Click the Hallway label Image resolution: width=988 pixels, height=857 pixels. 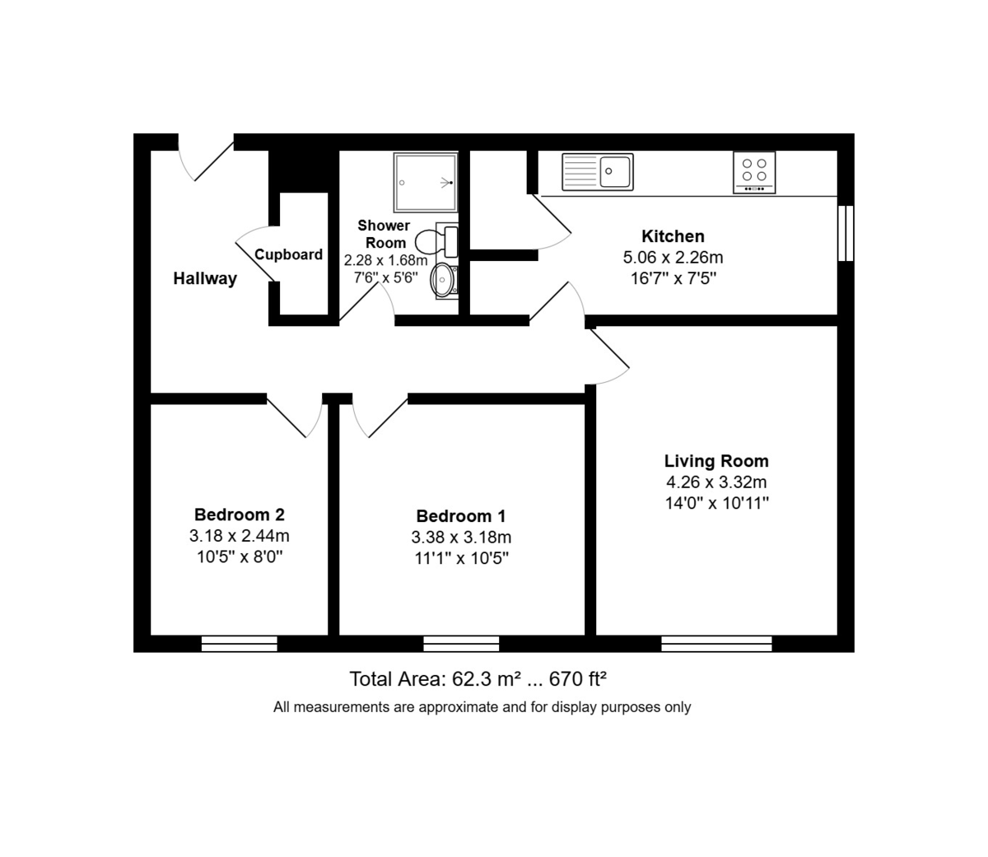point(205,278)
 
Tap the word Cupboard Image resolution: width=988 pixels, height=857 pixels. point(288,254)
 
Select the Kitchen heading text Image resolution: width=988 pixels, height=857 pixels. point(673,236)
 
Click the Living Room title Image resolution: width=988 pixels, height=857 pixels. point(716,461)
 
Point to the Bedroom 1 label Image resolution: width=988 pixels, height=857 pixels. point(461,516)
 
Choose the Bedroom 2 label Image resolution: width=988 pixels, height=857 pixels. point(239,515)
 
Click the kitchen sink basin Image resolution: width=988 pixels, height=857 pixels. point(615,171)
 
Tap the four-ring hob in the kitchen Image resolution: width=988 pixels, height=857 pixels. point(754,172)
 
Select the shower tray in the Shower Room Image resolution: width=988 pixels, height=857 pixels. point(425,183)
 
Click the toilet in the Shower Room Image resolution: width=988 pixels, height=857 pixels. point(436,240)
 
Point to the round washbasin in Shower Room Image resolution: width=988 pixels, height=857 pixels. point(442,280)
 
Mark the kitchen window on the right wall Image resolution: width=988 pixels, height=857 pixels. point(846,234)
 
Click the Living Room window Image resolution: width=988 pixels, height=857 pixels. point(716,644)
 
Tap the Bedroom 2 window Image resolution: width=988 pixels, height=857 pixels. point(239,644)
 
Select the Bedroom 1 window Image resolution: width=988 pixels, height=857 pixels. point(461,644)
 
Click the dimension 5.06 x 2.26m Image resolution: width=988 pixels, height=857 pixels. point(673,258)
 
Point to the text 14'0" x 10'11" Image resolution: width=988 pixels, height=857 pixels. point(716,504)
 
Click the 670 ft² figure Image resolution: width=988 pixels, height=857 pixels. point(578,679)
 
